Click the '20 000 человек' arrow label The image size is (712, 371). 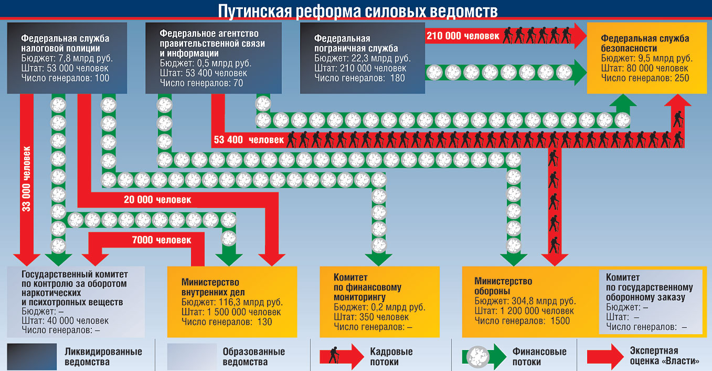[x=157, y=200]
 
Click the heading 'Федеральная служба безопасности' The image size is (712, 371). [x=645, y=43]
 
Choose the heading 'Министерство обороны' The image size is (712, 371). [x=503, y=286]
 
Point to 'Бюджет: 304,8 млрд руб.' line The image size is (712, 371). [x=525, y=302]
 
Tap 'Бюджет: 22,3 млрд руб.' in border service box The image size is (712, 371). [x=362, y=58]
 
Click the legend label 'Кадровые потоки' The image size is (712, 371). [x=391, y=357]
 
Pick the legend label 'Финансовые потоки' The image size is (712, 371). [x=539, y=357]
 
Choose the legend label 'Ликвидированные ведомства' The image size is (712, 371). [x=103, y=357]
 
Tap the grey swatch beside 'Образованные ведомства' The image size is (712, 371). [x=192, y=357]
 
